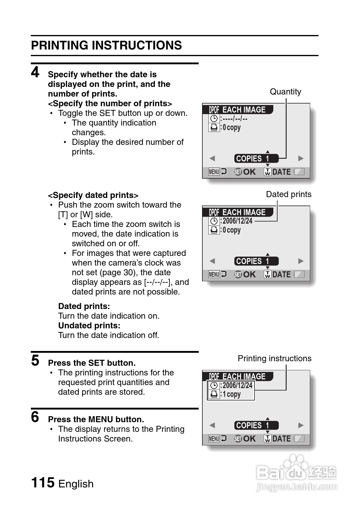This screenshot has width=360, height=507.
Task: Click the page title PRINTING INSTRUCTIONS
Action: pyautogui.click(x=106, y=46)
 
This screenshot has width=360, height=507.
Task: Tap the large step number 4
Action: pyautogui.click(x=35, y=72)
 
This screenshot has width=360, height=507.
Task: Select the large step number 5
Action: pyautogui.click(x=35, y=361)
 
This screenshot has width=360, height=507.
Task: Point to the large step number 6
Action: pyautogui.click(x=35, y=417)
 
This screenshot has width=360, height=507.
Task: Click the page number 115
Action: pyautogui.click(x=43, y=483)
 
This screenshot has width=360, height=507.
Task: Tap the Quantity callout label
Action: pyautogui.click(x=285, y=92)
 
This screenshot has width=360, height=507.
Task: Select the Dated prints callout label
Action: pyautogui.click(x=288, y=194)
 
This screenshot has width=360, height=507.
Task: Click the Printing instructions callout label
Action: pyautogui.click(x=274, y=359)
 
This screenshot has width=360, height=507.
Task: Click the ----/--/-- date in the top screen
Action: pyautogui.click(x=235, y=119)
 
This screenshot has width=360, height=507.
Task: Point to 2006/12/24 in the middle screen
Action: pyautogui.click(x=237, y=221)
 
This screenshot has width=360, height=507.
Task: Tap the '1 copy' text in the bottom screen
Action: pyautogui.click(x=232, y=394)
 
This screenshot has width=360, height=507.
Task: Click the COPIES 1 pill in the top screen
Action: pyautogui.click(x=256, y=158)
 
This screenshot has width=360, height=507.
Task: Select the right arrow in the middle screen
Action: pyautogui.click(x=301, y=261)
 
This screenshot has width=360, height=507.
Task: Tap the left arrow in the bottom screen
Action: pyautogui.click(x=212, y=425)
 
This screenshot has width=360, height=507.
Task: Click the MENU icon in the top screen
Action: pyautogui.click(x=214, y=172)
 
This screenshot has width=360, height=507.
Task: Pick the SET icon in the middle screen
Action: pyautogui.click(x=238, y=275)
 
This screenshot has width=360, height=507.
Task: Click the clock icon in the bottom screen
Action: pyautogui.click(x=214, y=385)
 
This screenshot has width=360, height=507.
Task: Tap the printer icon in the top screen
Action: pyautogui.click(x=214, y=127)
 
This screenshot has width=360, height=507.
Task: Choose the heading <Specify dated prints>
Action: pyautogui.click(x=93, y=195)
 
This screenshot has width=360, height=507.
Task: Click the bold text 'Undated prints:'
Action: pyautogui.click(x=89, y=326)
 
